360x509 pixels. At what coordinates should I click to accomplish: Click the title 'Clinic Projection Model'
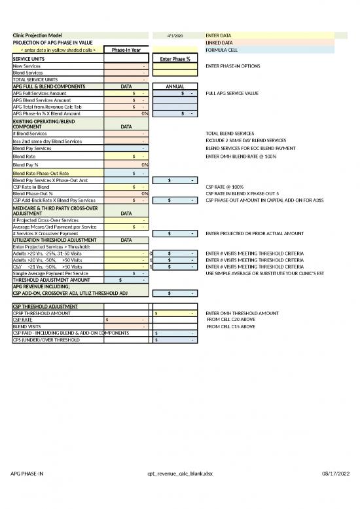coord(38,35)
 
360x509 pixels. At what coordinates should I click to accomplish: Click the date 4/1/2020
coord(175,35)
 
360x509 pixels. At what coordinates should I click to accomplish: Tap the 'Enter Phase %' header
coord(175,59)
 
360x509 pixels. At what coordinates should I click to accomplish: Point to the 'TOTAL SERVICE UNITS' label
coord(35,79)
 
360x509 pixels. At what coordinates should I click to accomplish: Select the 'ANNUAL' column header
coord(175,86)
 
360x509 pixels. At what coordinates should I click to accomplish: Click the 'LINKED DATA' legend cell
coord(219,42)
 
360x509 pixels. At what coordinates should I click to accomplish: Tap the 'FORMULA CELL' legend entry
coord(221,50)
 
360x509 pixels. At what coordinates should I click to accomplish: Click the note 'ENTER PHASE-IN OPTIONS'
coord(233,66)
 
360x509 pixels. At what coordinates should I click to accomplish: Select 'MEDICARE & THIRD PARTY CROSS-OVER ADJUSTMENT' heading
coord(55,210)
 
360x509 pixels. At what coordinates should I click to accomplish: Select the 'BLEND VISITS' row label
coord(27,326)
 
